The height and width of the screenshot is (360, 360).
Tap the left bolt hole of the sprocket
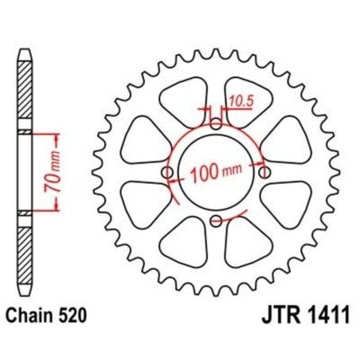(x=166, y=173)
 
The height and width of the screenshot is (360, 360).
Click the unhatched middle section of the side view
(x=25, y=172)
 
